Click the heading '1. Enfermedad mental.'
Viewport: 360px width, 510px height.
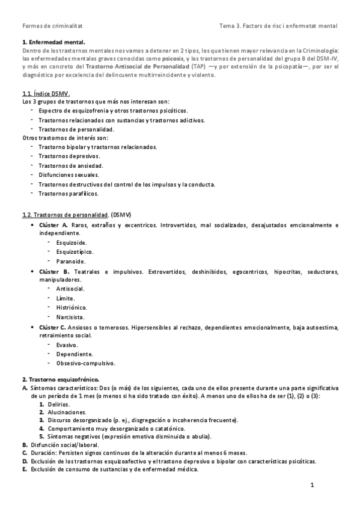[54, 42]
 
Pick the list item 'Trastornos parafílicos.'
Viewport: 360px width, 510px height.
[68, 193]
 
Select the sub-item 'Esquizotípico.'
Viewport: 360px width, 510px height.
[75, 252]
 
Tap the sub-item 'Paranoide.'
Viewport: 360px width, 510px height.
[70, 261]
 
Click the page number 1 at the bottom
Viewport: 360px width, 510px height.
[313, 485]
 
